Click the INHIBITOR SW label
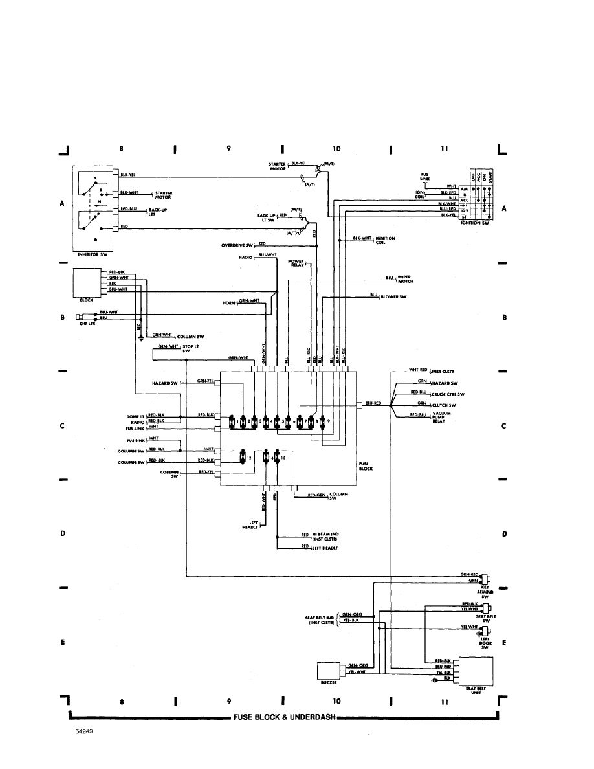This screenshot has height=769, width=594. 93,255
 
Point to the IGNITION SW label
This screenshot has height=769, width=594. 479,222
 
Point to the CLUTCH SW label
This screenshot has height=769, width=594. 445,405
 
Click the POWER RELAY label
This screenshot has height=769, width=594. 296,263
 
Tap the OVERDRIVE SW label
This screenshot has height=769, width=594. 237,245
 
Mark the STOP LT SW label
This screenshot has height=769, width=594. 190,349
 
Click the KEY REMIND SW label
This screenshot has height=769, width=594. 484,589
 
